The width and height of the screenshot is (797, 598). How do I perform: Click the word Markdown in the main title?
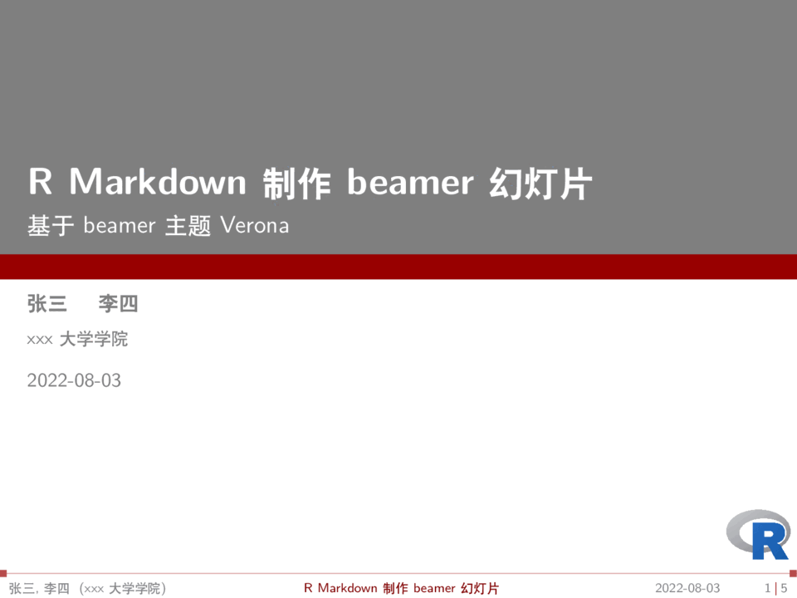(x=158, y=181)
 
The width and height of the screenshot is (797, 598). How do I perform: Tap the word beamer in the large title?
(x=410, y=181)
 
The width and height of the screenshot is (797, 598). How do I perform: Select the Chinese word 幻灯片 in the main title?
(x=540, y=183)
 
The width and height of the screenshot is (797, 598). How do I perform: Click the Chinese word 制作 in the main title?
(x=297, y=183)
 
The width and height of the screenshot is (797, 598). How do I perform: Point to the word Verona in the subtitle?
(x=255, y=225)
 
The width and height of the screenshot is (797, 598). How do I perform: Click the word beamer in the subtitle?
(x=120, y=225)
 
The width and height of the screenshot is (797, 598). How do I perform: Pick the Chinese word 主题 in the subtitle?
(x=188, y=226)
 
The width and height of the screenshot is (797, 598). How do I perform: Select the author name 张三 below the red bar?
(x=47, y=304)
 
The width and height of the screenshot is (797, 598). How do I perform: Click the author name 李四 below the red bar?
(x=118, y=304)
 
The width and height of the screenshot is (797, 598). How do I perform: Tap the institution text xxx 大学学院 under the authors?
(x=77, y=339)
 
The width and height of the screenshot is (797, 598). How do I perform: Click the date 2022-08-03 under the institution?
(x=74, y=380)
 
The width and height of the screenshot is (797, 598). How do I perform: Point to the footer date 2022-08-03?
(x=687, y=588)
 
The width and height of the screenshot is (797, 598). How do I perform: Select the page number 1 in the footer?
(x=767, y=588)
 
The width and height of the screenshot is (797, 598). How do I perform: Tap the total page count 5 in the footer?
(x=784, y=588)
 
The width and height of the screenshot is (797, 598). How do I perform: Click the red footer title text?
(x=402, y=588)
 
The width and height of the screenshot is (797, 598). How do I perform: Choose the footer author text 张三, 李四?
(x=39, y=589)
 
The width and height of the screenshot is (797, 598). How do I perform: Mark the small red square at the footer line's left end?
(x=3, y=573)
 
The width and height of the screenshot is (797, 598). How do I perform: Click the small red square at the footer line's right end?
(x=794, y=573)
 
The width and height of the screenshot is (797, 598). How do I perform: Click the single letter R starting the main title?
(x=41, y=181)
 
